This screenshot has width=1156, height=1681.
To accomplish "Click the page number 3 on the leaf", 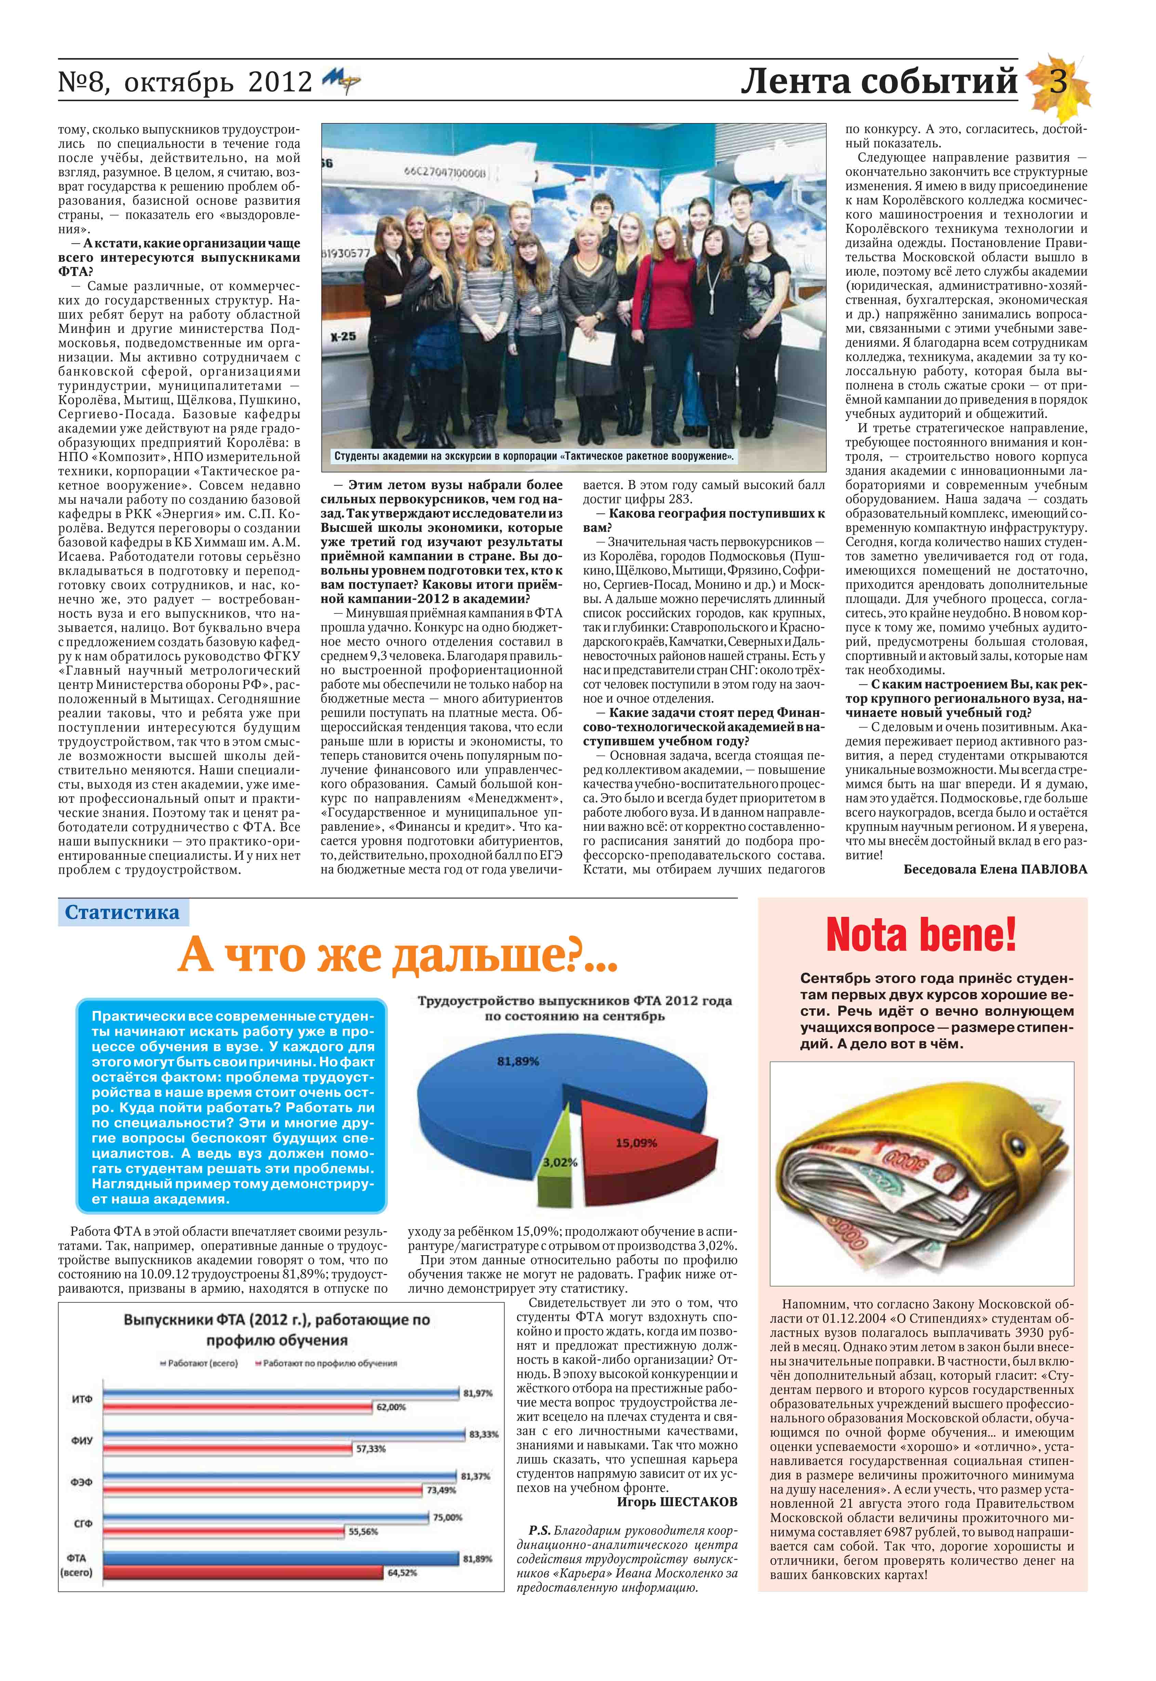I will (x=1058, y=82).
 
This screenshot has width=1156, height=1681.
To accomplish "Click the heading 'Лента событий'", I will (x=879, y=82).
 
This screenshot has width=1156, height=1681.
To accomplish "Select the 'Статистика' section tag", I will (x=122, y=912).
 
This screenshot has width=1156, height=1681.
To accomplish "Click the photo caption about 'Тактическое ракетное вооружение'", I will (x=534, y=457).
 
